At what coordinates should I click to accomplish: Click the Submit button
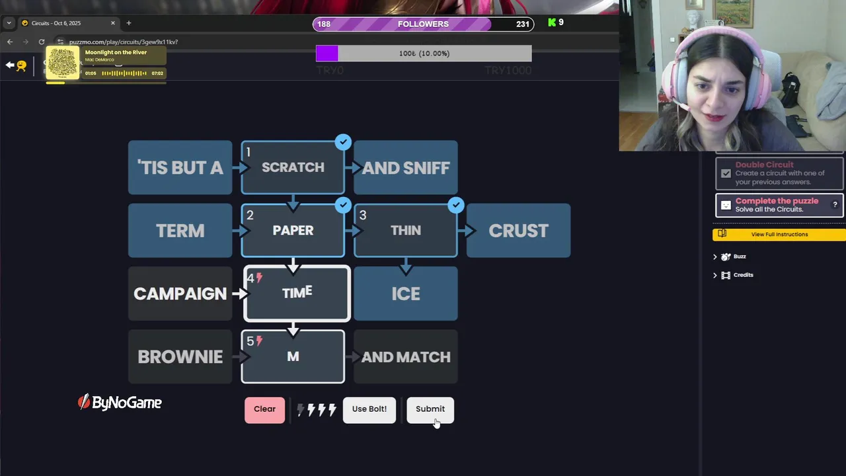tap(430, 409)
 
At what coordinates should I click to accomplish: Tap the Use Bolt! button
tap(369, 409)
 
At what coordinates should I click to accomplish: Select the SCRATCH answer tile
tap(293, 168)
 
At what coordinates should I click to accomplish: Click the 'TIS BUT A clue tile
tap(180, 168)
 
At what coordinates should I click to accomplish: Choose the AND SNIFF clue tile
tap(406, 168)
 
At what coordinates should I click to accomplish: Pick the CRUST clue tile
tap(518, 231)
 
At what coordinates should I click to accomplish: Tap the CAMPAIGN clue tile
tap(180, 294)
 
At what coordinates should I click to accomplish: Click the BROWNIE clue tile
tap(180, 357)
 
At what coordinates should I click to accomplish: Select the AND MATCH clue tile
tap(406, 357)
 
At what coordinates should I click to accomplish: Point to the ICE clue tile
tap(406, 294)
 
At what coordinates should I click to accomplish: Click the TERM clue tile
tap(180, 231)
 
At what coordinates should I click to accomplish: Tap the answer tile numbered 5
tap(293, 357)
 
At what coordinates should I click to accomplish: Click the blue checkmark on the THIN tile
tap(455, 205)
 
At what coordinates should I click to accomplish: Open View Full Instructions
tap(779, 234)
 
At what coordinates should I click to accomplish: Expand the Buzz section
tap(739, 257)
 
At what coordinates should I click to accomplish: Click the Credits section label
tap(743, 275)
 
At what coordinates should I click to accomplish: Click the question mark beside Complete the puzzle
tap(835, 205)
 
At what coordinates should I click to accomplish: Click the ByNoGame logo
tap(120, 403)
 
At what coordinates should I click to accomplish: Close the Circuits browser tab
tap(113, 23)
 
